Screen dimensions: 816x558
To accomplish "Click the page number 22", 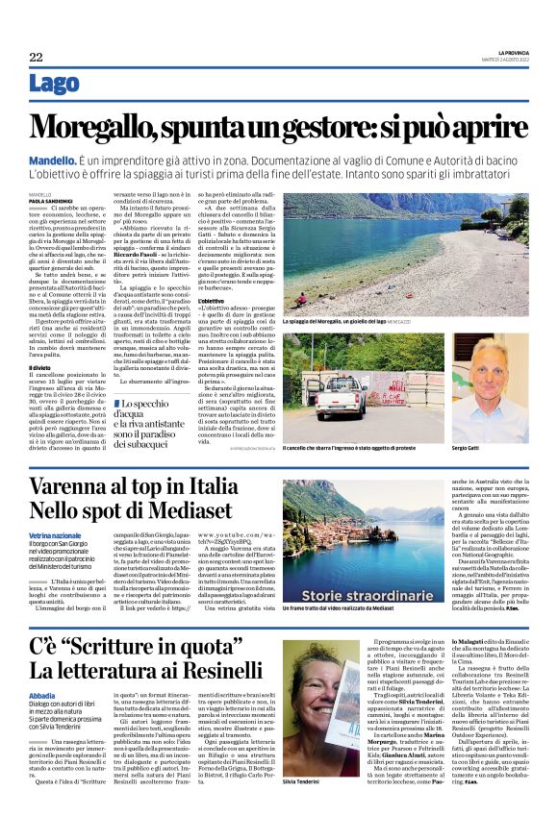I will tap(36, 58).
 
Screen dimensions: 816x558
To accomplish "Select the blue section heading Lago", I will tap(54, 84).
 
